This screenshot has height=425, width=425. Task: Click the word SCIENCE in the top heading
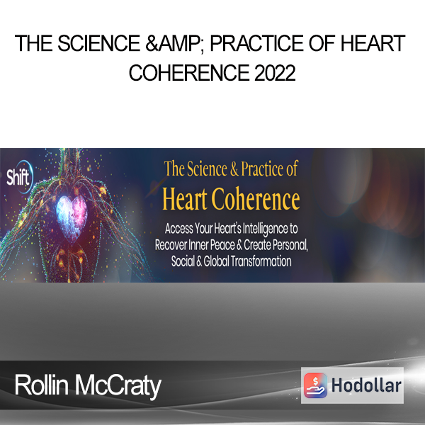98,43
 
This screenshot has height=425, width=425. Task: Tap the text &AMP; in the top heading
176,44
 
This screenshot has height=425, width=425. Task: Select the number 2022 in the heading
275,73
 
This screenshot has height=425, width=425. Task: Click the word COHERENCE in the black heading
189,73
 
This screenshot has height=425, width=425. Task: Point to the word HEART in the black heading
373,43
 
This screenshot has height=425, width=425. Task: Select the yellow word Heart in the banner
185,199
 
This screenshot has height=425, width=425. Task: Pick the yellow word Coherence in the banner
256,199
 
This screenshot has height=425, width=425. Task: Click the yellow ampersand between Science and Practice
234,169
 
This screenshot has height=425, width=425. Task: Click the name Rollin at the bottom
42,385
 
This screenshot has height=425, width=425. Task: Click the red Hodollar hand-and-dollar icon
315,385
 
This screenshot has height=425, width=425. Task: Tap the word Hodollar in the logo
366,385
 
